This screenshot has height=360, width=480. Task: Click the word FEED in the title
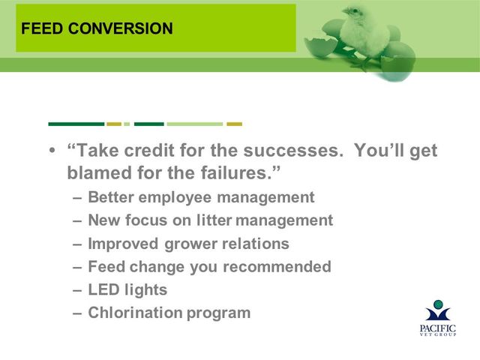[x=42, y=28]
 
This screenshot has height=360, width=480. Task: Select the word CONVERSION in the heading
[x=121, y=28]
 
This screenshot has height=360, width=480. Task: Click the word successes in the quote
[x=293, y=150]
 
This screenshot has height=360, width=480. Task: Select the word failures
[x=236, y=172]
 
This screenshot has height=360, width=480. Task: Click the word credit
[x=149, y=150]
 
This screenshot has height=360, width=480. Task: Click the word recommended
[x=277, y=267]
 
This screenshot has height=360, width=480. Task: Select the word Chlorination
[x=135, y=313]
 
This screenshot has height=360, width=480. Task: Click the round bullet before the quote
[x=52, y=150]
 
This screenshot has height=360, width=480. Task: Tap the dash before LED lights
[x=77, y=290]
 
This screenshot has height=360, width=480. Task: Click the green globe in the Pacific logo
[x=438, y=304]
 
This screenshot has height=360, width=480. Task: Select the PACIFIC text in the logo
[x=438, y=328]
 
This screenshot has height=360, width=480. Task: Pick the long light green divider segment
[x=195, y=124]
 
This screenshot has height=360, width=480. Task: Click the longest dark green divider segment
[x=76, y=124]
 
